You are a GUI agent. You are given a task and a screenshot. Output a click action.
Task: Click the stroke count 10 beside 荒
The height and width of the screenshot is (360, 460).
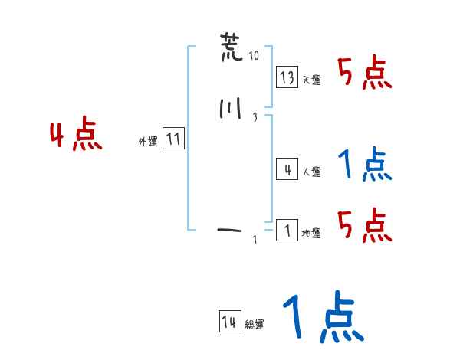[x=255, y=57]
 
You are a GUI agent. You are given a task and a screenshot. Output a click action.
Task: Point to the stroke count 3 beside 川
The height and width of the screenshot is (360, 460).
[x=254, y=117]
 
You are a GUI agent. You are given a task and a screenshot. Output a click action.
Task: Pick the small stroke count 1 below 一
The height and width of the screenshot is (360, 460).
[x=255, y=241]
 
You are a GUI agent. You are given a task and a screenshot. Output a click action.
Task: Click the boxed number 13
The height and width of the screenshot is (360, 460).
[x=287, y=77]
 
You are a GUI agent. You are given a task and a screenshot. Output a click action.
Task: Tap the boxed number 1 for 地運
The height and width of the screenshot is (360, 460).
[x=287, y=231]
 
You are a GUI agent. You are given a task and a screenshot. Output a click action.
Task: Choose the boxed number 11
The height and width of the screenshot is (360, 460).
[x=173, y=139]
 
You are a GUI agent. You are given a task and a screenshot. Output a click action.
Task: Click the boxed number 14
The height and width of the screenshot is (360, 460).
[x=228, y=322]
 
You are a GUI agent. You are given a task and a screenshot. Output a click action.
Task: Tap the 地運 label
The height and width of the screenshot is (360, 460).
[x=311, y=234]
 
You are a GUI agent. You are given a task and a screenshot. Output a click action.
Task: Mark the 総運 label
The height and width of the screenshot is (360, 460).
[x=255, y=325]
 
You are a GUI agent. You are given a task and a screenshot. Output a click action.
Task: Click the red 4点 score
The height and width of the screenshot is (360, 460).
[x=75, y=136]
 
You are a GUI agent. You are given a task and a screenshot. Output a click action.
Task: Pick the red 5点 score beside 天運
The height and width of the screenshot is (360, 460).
[x=365, y=74]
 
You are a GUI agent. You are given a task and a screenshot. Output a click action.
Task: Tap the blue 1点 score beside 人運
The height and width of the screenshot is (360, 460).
[x=365, y=165]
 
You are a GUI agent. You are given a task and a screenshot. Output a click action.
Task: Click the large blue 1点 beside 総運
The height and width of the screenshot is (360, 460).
[x=322, y=317]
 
